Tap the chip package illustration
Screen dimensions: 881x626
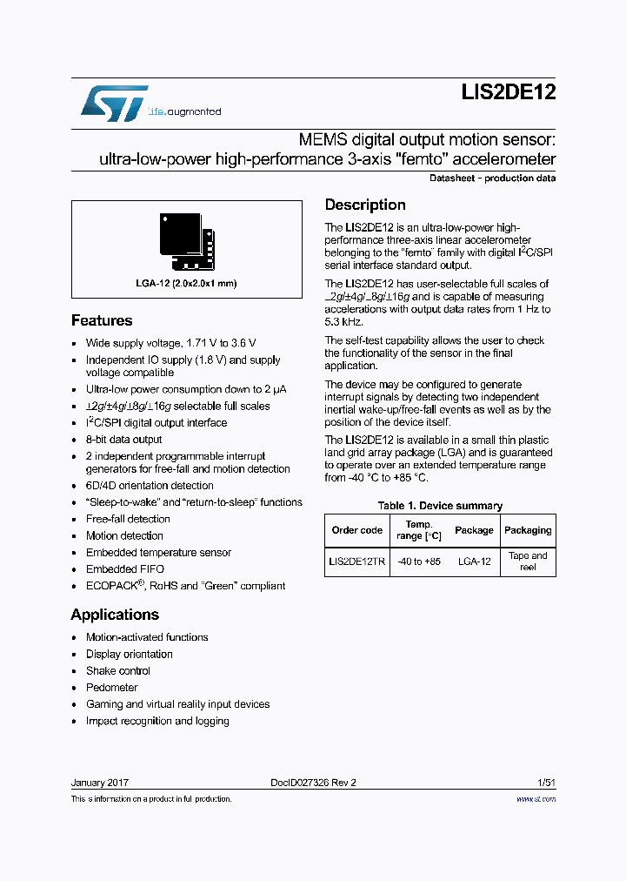(x=186, y=240)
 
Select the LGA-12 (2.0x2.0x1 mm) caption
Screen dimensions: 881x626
(x=186, y=283)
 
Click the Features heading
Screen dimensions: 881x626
(x=102, y=320)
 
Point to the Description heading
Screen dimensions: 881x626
(x=365, y=205)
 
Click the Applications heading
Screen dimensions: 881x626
(x=115, y=615)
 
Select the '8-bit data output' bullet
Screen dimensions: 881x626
(x=123, y=440)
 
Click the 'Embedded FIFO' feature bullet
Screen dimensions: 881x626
(x=124, y=569)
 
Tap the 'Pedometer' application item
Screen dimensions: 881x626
(x=111, y=688)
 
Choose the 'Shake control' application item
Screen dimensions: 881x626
(x=117, y=671)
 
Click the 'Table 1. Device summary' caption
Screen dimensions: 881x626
(x=440, y=506)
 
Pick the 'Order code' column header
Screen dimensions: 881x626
(x=356, y=530)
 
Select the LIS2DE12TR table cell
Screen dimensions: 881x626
(x=356, y=562)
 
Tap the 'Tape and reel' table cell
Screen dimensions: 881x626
(x=528, y=562)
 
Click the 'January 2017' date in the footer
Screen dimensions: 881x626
(x=100, y=783)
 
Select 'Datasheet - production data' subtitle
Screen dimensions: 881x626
(x=493, y=178)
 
